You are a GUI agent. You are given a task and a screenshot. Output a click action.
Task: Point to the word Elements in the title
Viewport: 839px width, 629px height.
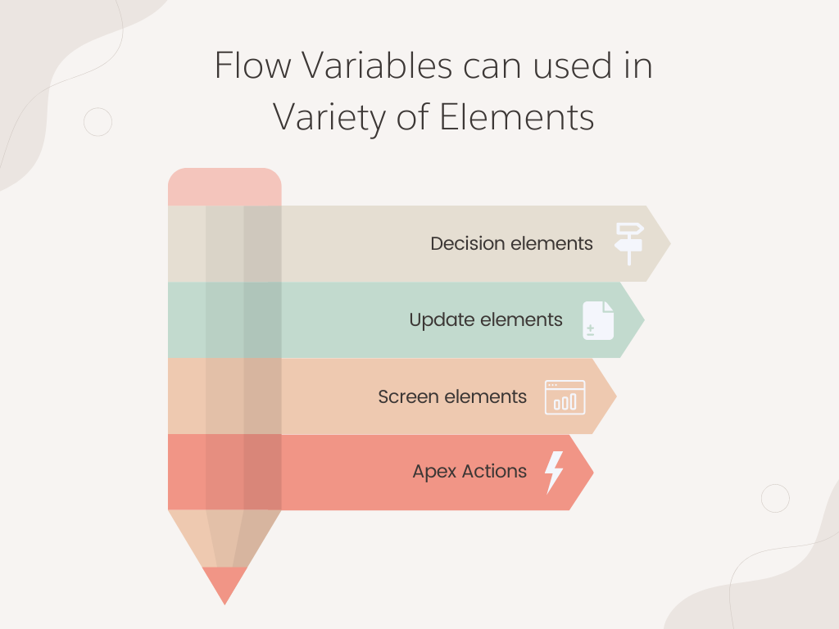pyautogui.click(x=517, y=117)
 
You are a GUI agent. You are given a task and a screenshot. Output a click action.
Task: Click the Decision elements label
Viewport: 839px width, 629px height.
pyautogui.click(x=511, y=243)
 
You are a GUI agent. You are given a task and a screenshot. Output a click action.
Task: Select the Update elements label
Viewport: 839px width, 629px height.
pyautogui.click(x=486, y=319)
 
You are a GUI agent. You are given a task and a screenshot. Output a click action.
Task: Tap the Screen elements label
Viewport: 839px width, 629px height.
pyautogui.click(x=452, y=396)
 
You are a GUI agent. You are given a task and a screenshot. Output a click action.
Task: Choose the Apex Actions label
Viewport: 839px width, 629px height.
pyautogui.click(x=469, y=472)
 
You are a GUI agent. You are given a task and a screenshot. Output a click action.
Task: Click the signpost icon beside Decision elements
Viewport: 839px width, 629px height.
pyautogui.click(x=629, y=242)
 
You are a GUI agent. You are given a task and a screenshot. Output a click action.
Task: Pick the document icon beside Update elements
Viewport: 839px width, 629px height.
pyautogui.click(x=598, y=320)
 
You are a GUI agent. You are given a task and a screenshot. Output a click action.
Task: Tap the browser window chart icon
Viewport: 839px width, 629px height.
pyautogui.click(x=565, y=397)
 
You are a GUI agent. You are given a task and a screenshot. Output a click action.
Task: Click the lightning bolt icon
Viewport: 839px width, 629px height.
pyautogui.click(x=555, y=472)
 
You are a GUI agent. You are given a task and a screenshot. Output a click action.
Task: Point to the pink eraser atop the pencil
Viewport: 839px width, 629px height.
pyautogui.click(x=224, y=187)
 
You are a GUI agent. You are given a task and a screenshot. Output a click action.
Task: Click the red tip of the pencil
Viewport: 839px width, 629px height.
pyautogui.click(x=224, y=584)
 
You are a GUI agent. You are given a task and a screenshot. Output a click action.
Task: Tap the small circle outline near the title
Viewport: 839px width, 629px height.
pyautogui.click(x=98, y=122)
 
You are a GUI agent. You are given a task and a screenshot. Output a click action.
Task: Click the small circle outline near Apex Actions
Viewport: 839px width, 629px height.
pyautogui.click(x=775, y=498)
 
